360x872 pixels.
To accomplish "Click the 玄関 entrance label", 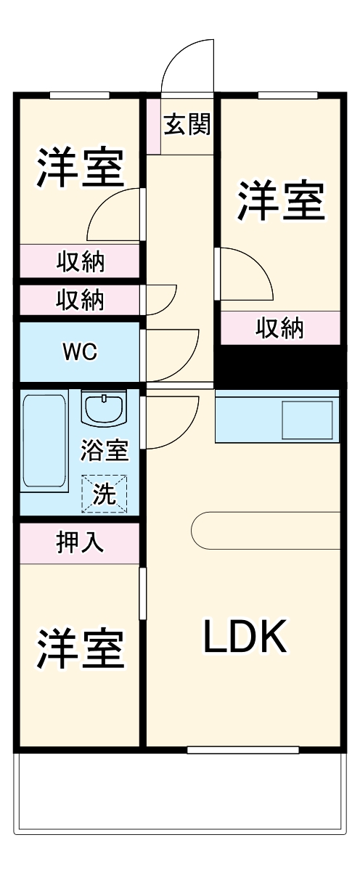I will point(187,125).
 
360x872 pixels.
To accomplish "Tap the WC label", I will point(80,351).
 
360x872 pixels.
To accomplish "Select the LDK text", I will point(245,637).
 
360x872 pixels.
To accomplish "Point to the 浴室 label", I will point(104,451).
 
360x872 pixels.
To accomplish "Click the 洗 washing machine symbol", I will point(105,494).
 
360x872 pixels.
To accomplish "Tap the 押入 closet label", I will point(79,542).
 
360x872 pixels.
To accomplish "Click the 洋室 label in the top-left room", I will point(79,168).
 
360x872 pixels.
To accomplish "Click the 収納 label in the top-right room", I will point(280,329).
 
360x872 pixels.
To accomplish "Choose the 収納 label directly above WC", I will point(79,299).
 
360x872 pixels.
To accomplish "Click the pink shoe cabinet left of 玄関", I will point(153,125).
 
